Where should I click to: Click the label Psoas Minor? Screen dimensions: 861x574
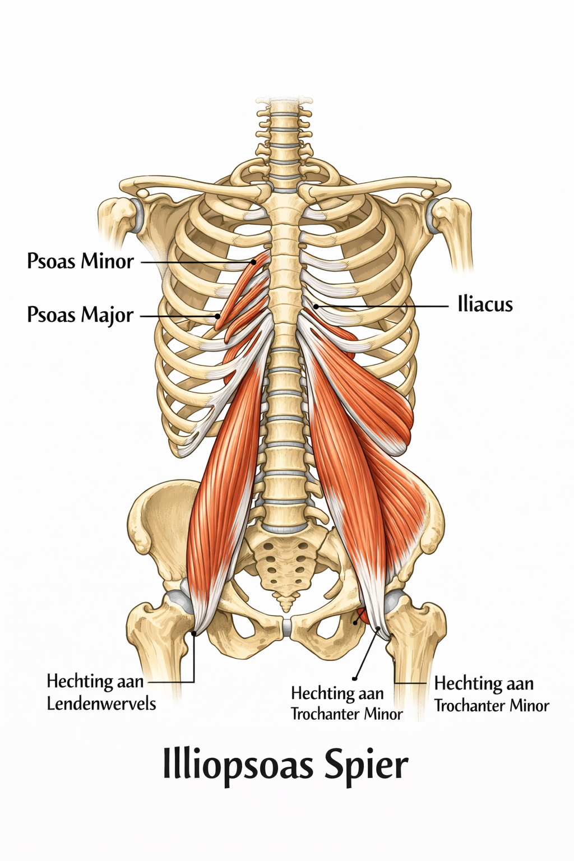click(x=80, y=261)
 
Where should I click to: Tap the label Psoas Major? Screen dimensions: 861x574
click(x=80, y=315)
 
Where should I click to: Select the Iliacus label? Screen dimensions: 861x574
click(x=485, y=305)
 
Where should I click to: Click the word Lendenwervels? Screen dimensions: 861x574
click(x=101, y=703)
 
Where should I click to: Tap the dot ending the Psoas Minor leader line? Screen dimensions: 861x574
click(x=254, y=262)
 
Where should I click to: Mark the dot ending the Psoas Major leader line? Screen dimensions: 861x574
click(x=217, y=316)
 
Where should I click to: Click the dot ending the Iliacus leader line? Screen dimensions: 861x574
click(x=316, y=306)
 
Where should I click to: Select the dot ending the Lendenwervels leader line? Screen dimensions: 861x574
click(x=194, y=633)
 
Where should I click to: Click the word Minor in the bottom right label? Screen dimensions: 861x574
click(x=530, y=706)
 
